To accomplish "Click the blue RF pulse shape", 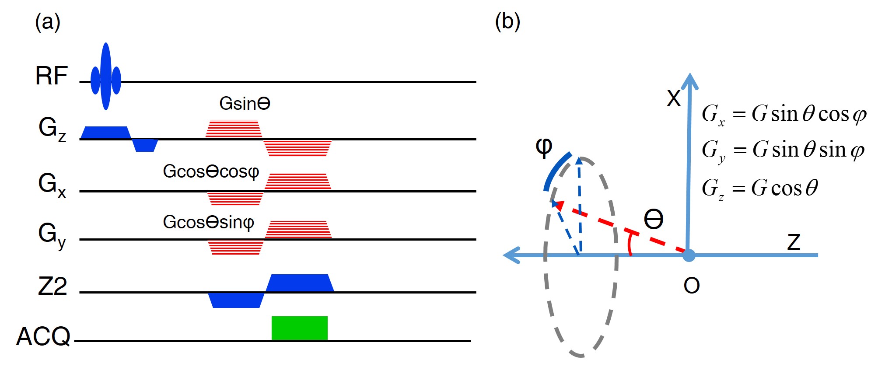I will [105, 77].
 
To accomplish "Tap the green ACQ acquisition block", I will [299, 328].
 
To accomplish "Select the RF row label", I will [52, 76].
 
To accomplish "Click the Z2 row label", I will [52, 287].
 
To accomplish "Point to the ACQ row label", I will [43, 336].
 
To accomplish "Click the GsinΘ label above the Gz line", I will [245, 104].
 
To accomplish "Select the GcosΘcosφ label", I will [211, 171].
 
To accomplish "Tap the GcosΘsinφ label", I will [208, 222].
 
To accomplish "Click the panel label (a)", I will [48, 22].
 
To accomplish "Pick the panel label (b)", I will [507, 21].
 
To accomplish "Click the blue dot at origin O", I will [689, 255].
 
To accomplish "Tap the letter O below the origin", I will [691, 286].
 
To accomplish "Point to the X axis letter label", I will [674, 98].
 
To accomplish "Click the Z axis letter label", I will [794, 242].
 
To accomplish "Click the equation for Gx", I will [784, 115].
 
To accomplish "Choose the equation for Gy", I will [783, 150].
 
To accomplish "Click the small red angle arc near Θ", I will [630, 245].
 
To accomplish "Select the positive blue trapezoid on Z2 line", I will [300, 283].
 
